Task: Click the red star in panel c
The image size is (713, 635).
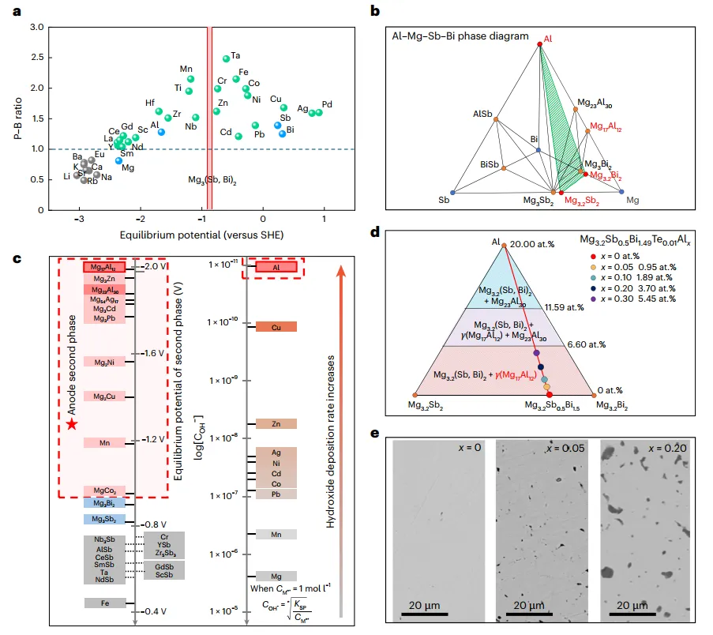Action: (x=72, y=424)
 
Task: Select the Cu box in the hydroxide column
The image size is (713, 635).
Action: (x=276, y=327)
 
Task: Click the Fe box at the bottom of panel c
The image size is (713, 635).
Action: (x=104, y=603)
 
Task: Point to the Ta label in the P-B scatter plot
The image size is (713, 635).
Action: (x=235, y=56)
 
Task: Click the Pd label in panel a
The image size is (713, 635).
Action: (x=327, y=104)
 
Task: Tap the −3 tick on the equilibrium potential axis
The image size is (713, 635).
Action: (x=78, y=219)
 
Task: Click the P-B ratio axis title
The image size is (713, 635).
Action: (x=18, y=118)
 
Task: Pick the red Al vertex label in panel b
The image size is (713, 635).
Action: (x=547, y=37)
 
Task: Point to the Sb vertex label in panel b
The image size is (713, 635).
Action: (x=444, y=201)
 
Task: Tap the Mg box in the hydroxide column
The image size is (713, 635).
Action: (x=276, y=576)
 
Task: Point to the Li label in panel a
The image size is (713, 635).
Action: (x=67, y=176)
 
